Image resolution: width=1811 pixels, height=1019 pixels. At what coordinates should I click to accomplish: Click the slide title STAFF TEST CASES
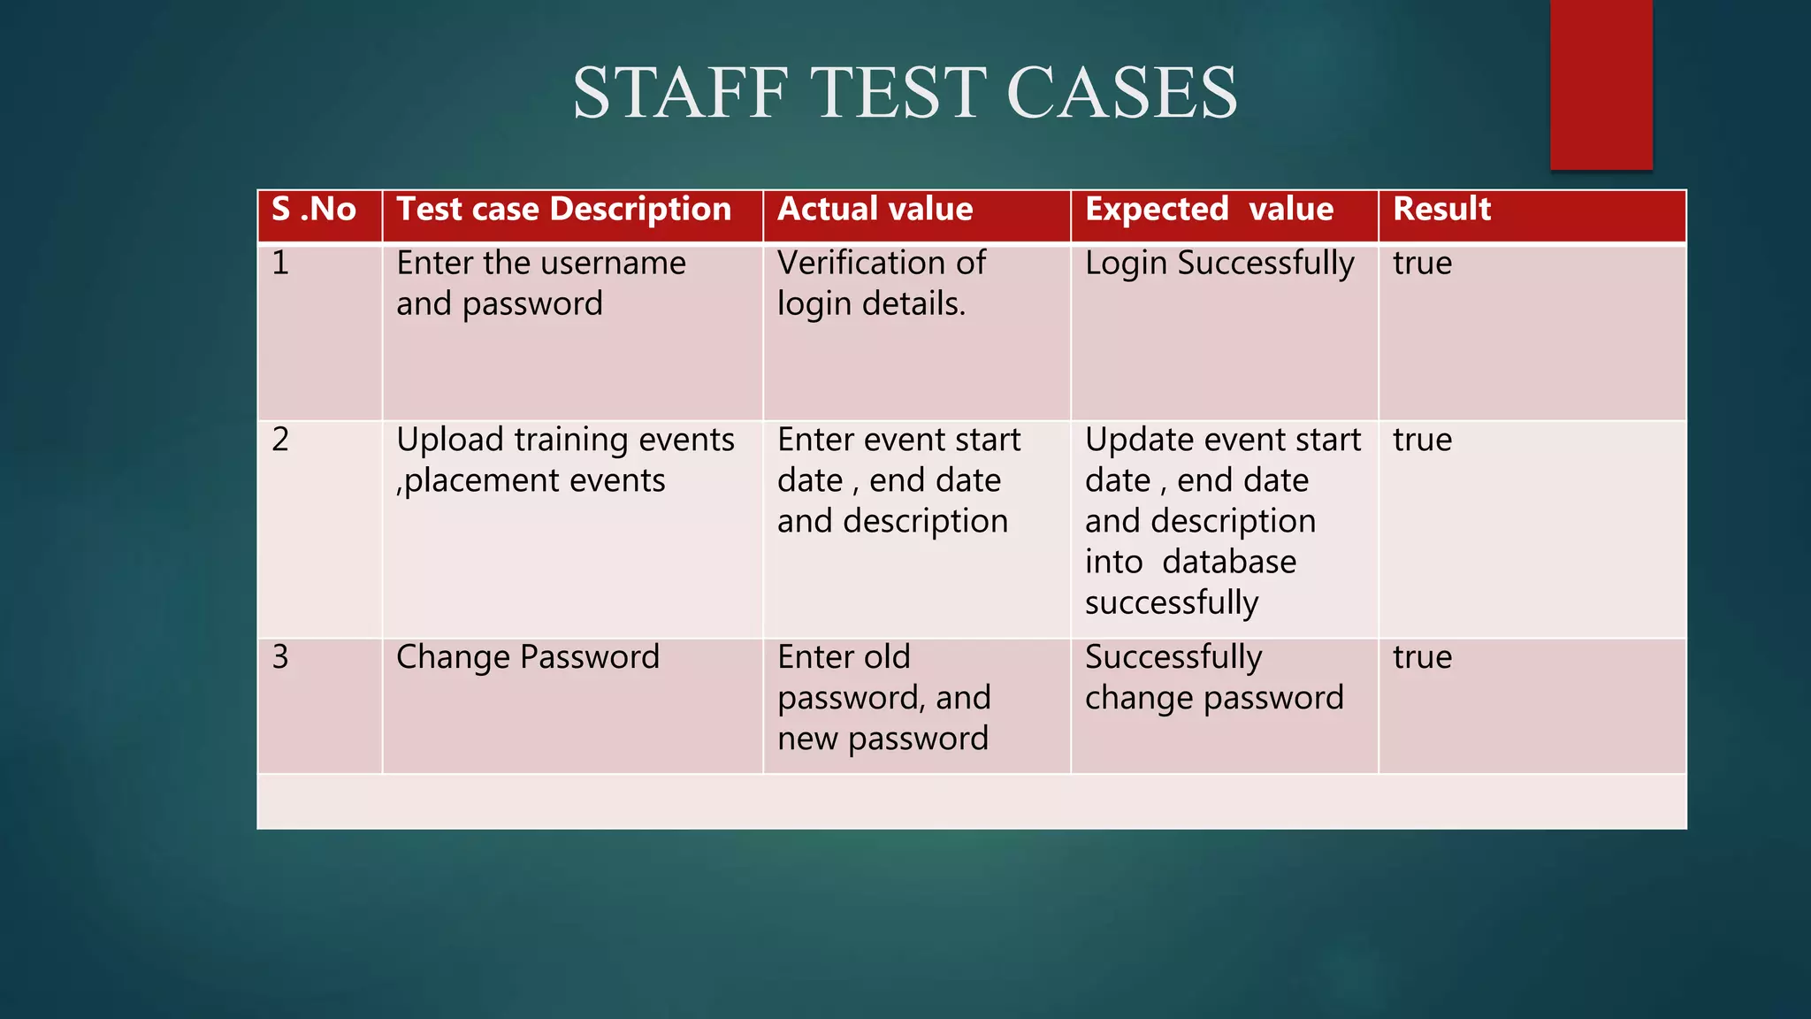click(x=905, y=93)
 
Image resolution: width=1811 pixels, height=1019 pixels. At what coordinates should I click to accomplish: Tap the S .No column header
click(x=314, y=210)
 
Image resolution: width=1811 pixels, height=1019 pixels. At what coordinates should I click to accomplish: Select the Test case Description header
click(x=563, y=210)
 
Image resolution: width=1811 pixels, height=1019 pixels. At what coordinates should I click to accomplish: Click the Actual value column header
click(x=875, y=210)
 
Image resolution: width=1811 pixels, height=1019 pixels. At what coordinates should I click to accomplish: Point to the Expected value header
click(x=1209, y=210)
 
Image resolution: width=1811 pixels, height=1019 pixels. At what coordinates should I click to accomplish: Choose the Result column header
click(x=1441, y=210)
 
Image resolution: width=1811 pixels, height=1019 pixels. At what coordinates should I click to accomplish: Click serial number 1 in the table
click(x=280, y=264)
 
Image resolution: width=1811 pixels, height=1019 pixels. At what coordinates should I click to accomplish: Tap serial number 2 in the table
click(x=280, y=440)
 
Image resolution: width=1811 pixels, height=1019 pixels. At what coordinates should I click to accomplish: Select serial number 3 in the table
click(x=280, y=657)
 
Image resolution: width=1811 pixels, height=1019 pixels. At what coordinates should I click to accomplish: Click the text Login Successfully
click(x=1219, y=264)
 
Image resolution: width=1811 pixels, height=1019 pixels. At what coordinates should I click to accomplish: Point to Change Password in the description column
click(x=527, y=657)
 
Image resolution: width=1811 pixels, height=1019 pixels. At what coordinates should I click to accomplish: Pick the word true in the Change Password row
click(x=1422, y=657)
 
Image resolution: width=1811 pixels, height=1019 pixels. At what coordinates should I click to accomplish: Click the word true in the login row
click(x=1422, y=264)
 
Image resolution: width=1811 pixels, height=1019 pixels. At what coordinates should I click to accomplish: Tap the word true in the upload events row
click(x=1422, y=440)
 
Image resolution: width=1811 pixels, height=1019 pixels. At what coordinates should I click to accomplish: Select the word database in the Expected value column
click(x=1229, y=563)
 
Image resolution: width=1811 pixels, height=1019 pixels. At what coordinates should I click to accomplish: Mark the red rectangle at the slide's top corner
click(x=1601, y=84)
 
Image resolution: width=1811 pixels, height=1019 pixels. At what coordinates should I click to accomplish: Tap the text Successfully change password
click(x=1213, y=678)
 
